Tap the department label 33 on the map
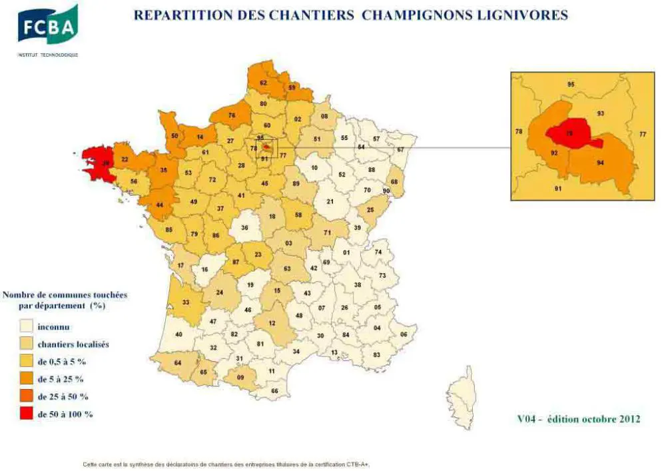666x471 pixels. coord(185,302)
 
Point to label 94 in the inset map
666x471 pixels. coord(601,162)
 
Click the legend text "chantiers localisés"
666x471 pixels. coord(73,344)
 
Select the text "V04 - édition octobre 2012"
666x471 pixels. coord(578,419)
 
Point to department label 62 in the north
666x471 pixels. coord(263,83)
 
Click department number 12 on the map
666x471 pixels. coord(272,323)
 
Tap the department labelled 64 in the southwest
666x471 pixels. coord(178,363)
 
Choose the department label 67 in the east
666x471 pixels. coord(401,149)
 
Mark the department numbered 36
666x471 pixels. coord(244,228)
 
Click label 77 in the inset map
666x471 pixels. coord(643,135)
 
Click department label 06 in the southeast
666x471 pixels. coord(403,334)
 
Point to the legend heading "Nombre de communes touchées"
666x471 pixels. coord(65,294)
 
